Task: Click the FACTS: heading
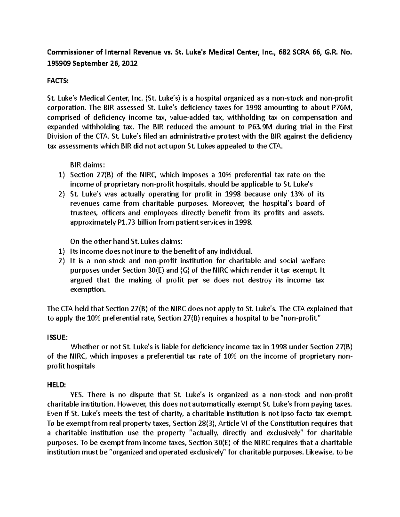(x=57, y=81)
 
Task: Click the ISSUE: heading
(x=57, y=337)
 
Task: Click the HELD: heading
(x=56, y=385)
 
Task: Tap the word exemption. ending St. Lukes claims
(x=88, y=290)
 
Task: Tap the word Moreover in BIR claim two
(x=227, y=203)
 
